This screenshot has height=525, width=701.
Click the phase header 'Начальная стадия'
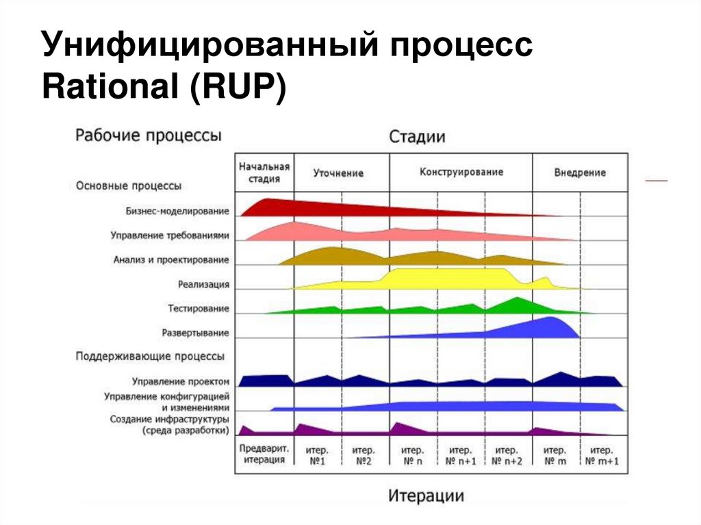(264, 172)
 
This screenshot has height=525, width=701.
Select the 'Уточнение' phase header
(338, 173)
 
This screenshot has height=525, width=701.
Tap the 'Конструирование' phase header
(461, 172)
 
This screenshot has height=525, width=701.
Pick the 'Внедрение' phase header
(580, 172)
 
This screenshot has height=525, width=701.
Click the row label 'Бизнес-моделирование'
(177, 211)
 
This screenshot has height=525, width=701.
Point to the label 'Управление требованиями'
(170, 235)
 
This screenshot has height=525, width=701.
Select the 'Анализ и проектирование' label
(171, 260)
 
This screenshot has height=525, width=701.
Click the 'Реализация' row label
(203, 284)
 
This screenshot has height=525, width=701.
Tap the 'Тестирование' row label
(199, 309)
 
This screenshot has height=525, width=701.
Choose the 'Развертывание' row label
(195, 333)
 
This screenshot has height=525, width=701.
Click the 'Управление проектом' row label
(181, 381)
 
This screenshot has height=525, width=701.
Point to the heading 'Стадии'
(417, 137)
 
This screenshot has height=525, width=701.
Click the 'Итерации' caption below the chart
(426, 496)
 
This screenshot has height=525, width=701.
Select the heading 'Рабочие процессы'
(148, 135)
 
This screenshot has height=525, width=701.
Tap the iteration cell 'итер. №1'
(318, 455)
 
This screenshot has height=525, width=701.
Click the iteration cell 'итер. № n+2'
(507, 455)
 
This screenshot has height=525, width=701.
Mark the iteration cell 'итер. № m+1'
(602, 455)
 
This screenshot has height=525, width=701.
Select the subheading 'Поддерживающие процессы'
(150, 357)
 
